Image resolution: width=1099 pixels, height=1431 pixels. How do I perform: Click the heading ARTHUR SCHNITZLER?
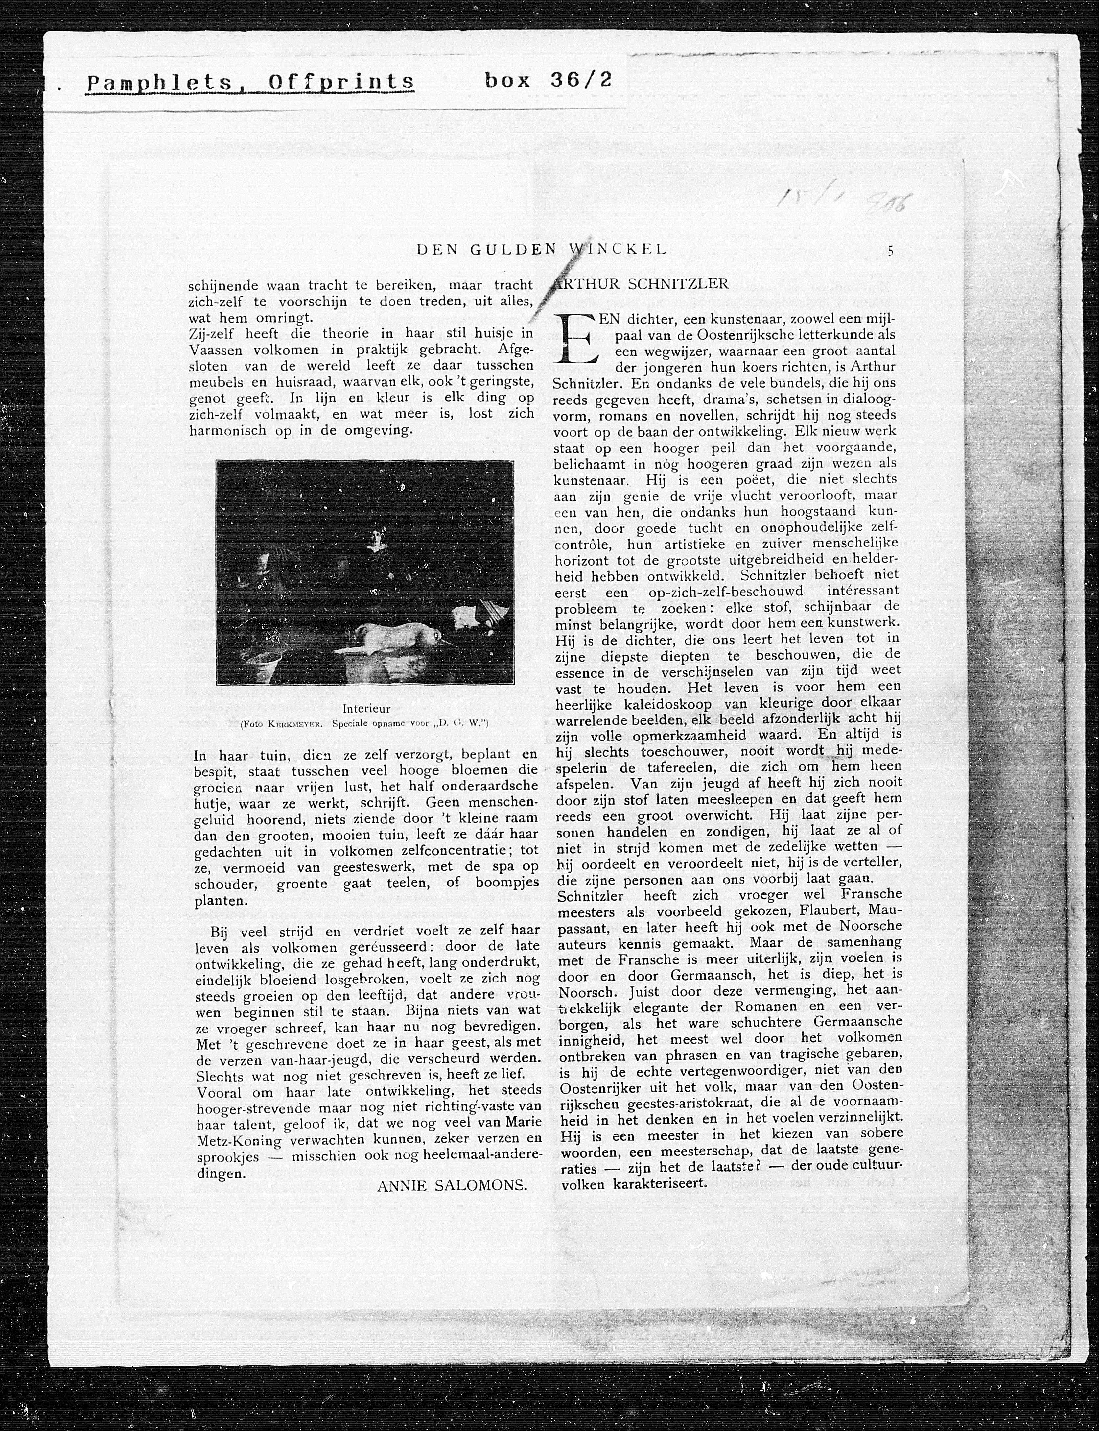coord(641,284)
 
